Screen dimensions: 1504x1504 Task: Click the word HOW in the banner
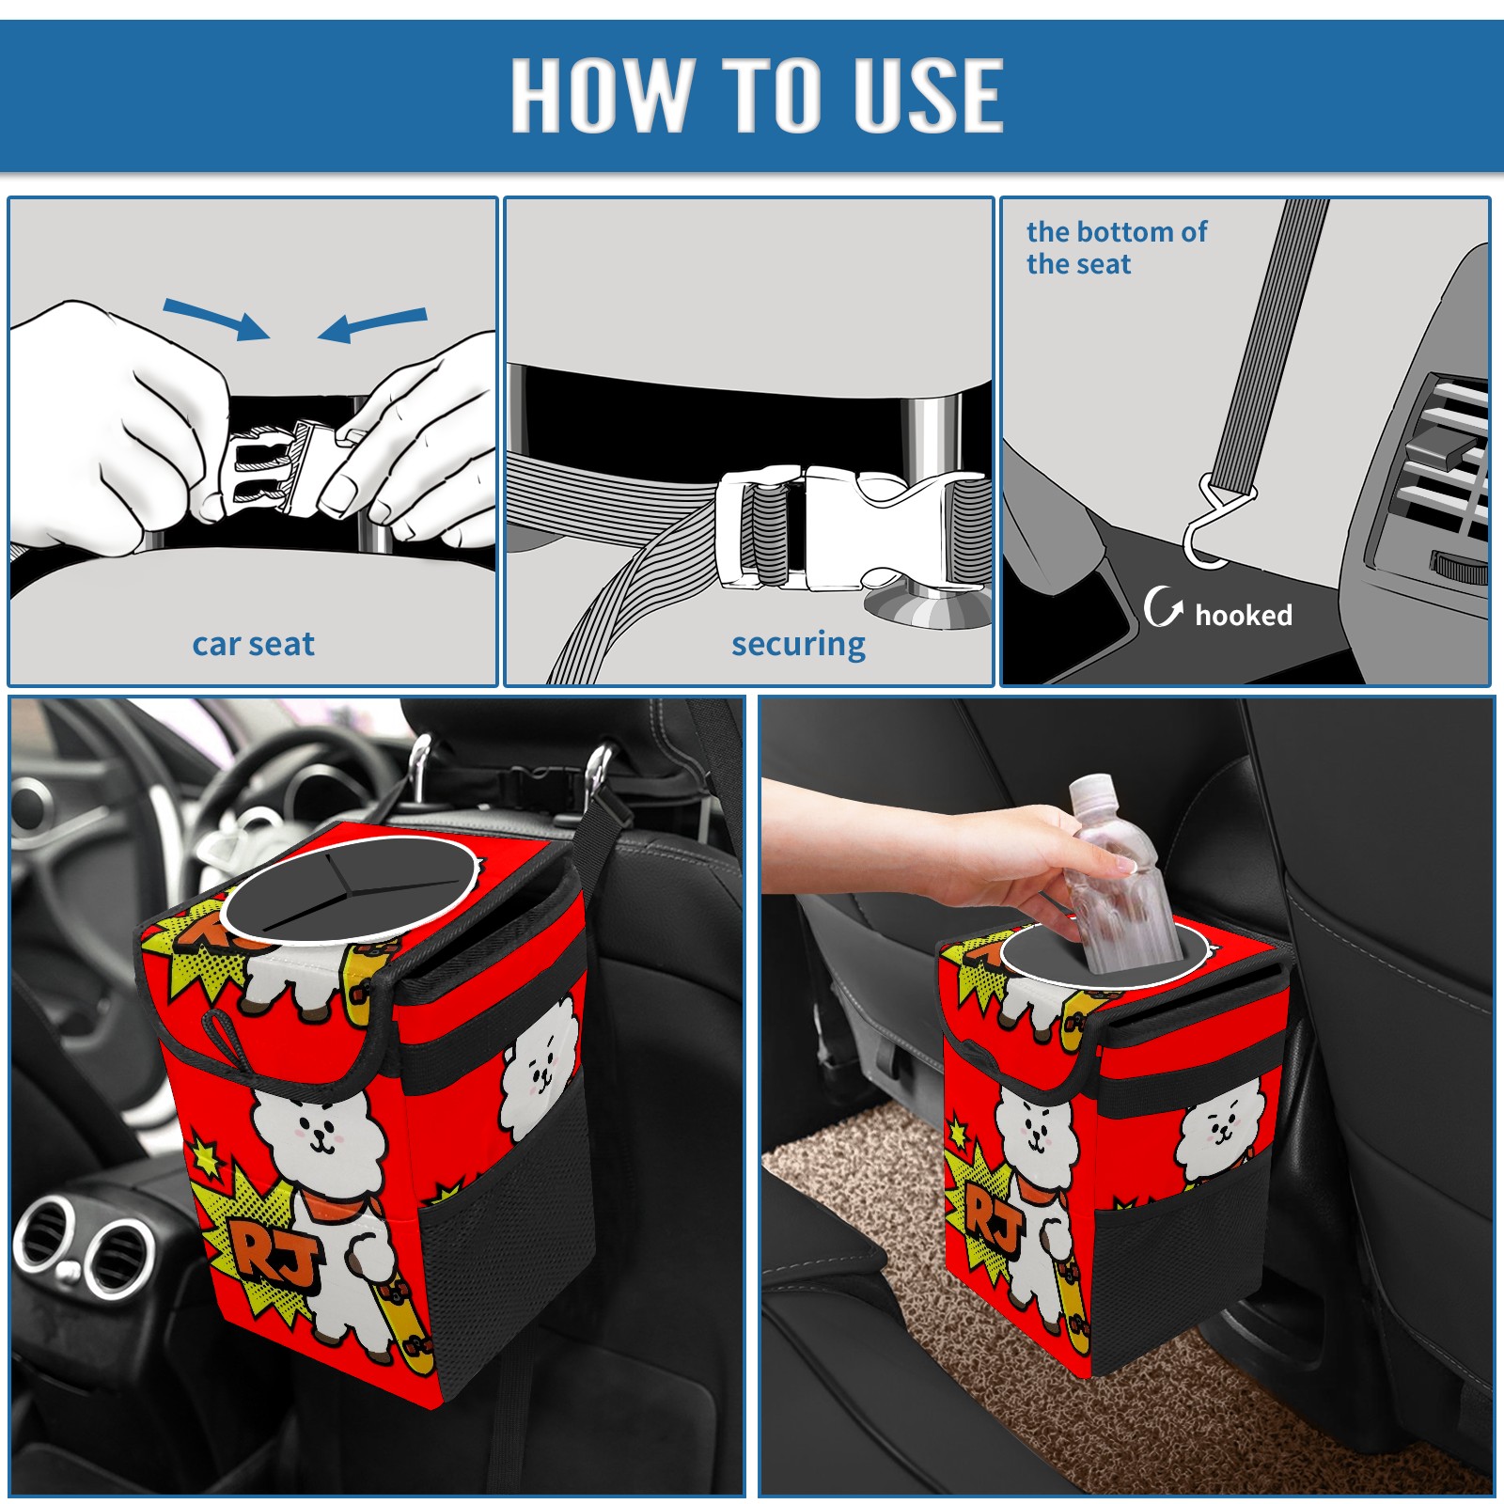(601, 94)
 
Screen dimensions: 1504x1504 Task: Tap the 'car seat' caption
(253, 644)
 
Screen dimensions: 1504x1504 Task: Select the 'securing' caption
(798, 645)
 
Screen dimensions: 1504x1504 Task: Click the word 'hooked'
(1244, 615)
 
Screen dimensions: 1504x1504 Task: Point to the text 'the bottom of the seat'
(1116, 247)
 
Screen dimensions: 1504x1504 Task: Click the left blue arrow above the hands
(216, 319)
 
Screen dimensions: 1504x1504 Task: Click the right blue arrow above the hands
(372, 324)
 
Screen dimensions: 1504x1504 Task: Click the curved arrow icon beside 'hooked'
(1162, 606)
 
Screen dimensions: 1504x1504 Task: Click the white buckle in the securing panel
(851, 528)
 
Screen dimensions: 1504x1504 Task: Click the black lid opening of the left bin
(346, 887)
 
